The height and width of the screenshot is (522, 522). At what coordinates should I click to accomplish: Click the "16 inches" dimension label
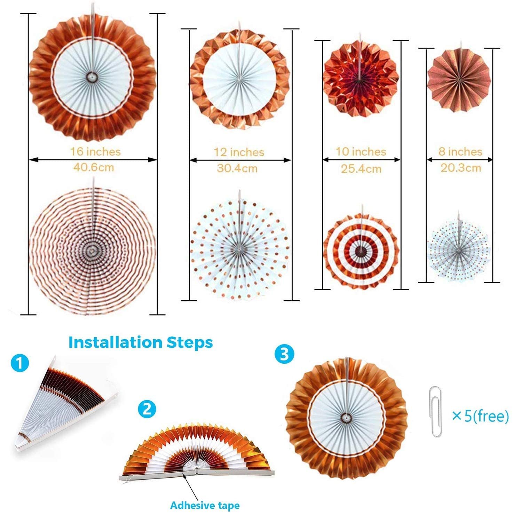click(x=95, y=152)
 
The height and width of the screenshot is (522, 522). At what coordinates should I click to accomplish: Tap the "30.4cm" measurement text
click(x=237, y=168)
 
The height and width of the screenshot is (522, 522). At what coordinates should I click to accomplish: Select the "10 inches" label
click(x=361, y=152)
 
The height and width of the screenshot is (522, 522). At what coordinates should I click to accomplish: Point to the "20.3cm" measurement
click(x=461, y=168)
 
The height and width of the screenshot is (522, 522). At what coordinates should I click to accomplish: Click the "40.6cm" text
click(x=93, y=167)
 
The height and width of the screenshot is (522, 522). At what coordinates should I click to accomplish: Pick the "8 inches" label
click(x=460, y=152)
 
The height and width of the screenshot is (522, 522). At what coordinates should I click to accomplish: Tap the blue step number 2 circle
click(x=147, y=409)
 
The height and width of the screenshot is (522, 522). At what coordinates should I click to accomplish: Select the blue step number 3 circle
click(x=284, y=354)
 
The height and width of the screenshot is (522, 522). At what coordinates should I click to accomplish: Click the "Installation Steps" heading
click(x=141, y=342)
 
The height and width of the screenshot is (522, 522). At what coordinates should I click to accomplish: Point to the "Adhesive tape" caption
click(x=205, y=505)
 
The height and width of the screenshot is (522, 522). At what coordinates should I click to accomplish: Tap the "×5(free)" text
click(x=480, y=416)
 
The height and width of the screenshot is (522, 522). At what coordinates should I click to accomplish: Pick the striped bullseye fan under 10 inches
click(x=362, y=250)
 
